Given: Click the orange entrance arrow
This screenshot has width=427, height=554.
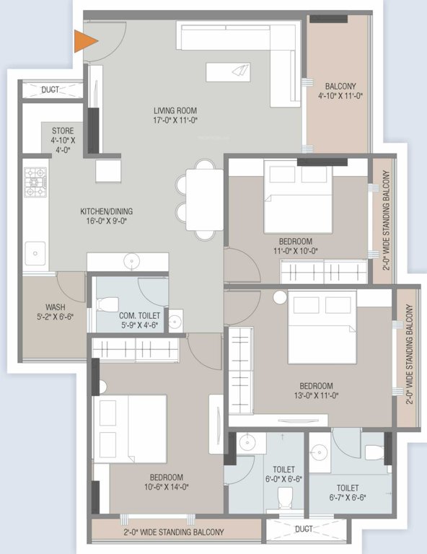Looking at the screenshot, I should (86, 43).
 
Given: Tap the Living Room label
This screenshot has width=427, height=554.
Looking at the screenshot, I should (175, 111).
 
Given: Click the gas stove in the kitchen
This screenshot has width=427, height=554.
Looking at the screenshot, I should (35, 183).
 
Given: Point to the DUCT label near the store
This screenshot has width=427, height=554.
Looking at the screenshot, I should (50, 89).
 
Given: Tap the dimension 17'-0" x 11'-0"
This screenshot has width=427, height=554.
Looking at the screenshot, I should (175, 121).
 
